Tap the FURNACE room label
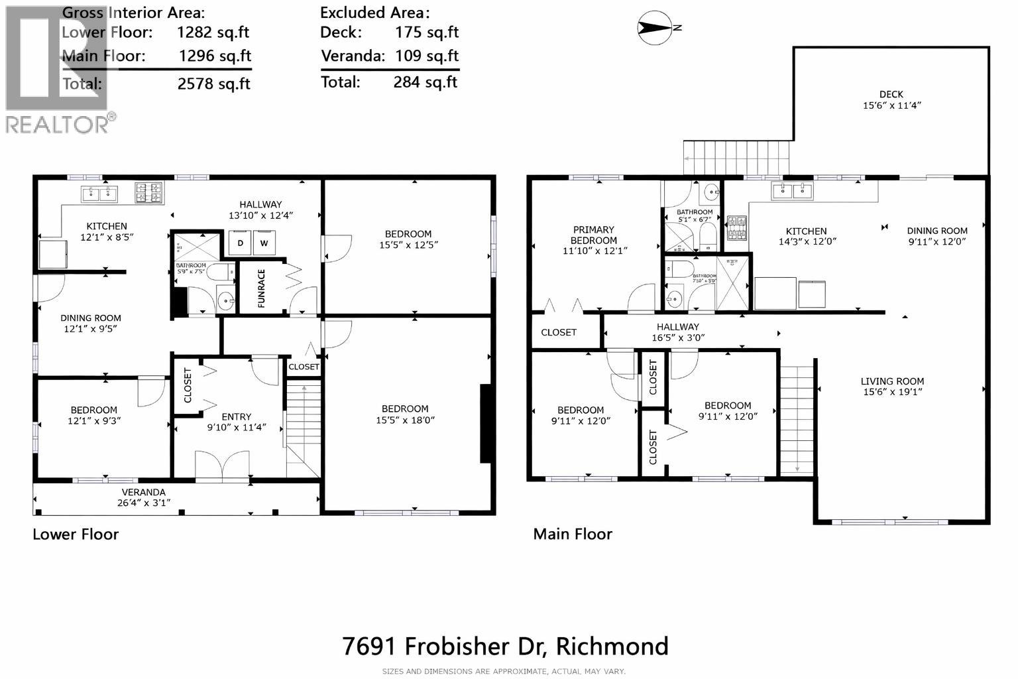(x=261, y=288)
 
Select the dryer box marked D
(x=240, y=243)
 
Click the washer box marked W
(x=264, y=243)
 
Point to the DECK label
(x=891, y=95)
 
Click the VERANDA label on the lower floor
(x=143, y=492)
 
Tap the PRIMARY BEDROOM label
(x=593, y=235)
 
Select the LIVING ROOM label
(x=892, y=381)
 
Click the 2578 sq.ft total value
(x=215, y=84)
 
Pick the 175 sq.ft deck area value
(x=427, y=32)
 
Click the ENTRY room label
(x=236, y=417)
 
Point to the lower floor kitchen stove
(x=149, y=193)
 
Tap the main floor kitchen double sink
(x=792, y=191)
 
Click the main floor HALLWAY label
(x=677, y=327)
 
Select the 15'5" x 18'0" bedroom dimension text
(x=404, y=420)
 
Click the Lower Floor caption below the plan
(x=76, y=534)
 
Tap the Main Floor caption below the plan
(x=573, y=534)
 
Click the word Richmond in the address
(x=612, y=646)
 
